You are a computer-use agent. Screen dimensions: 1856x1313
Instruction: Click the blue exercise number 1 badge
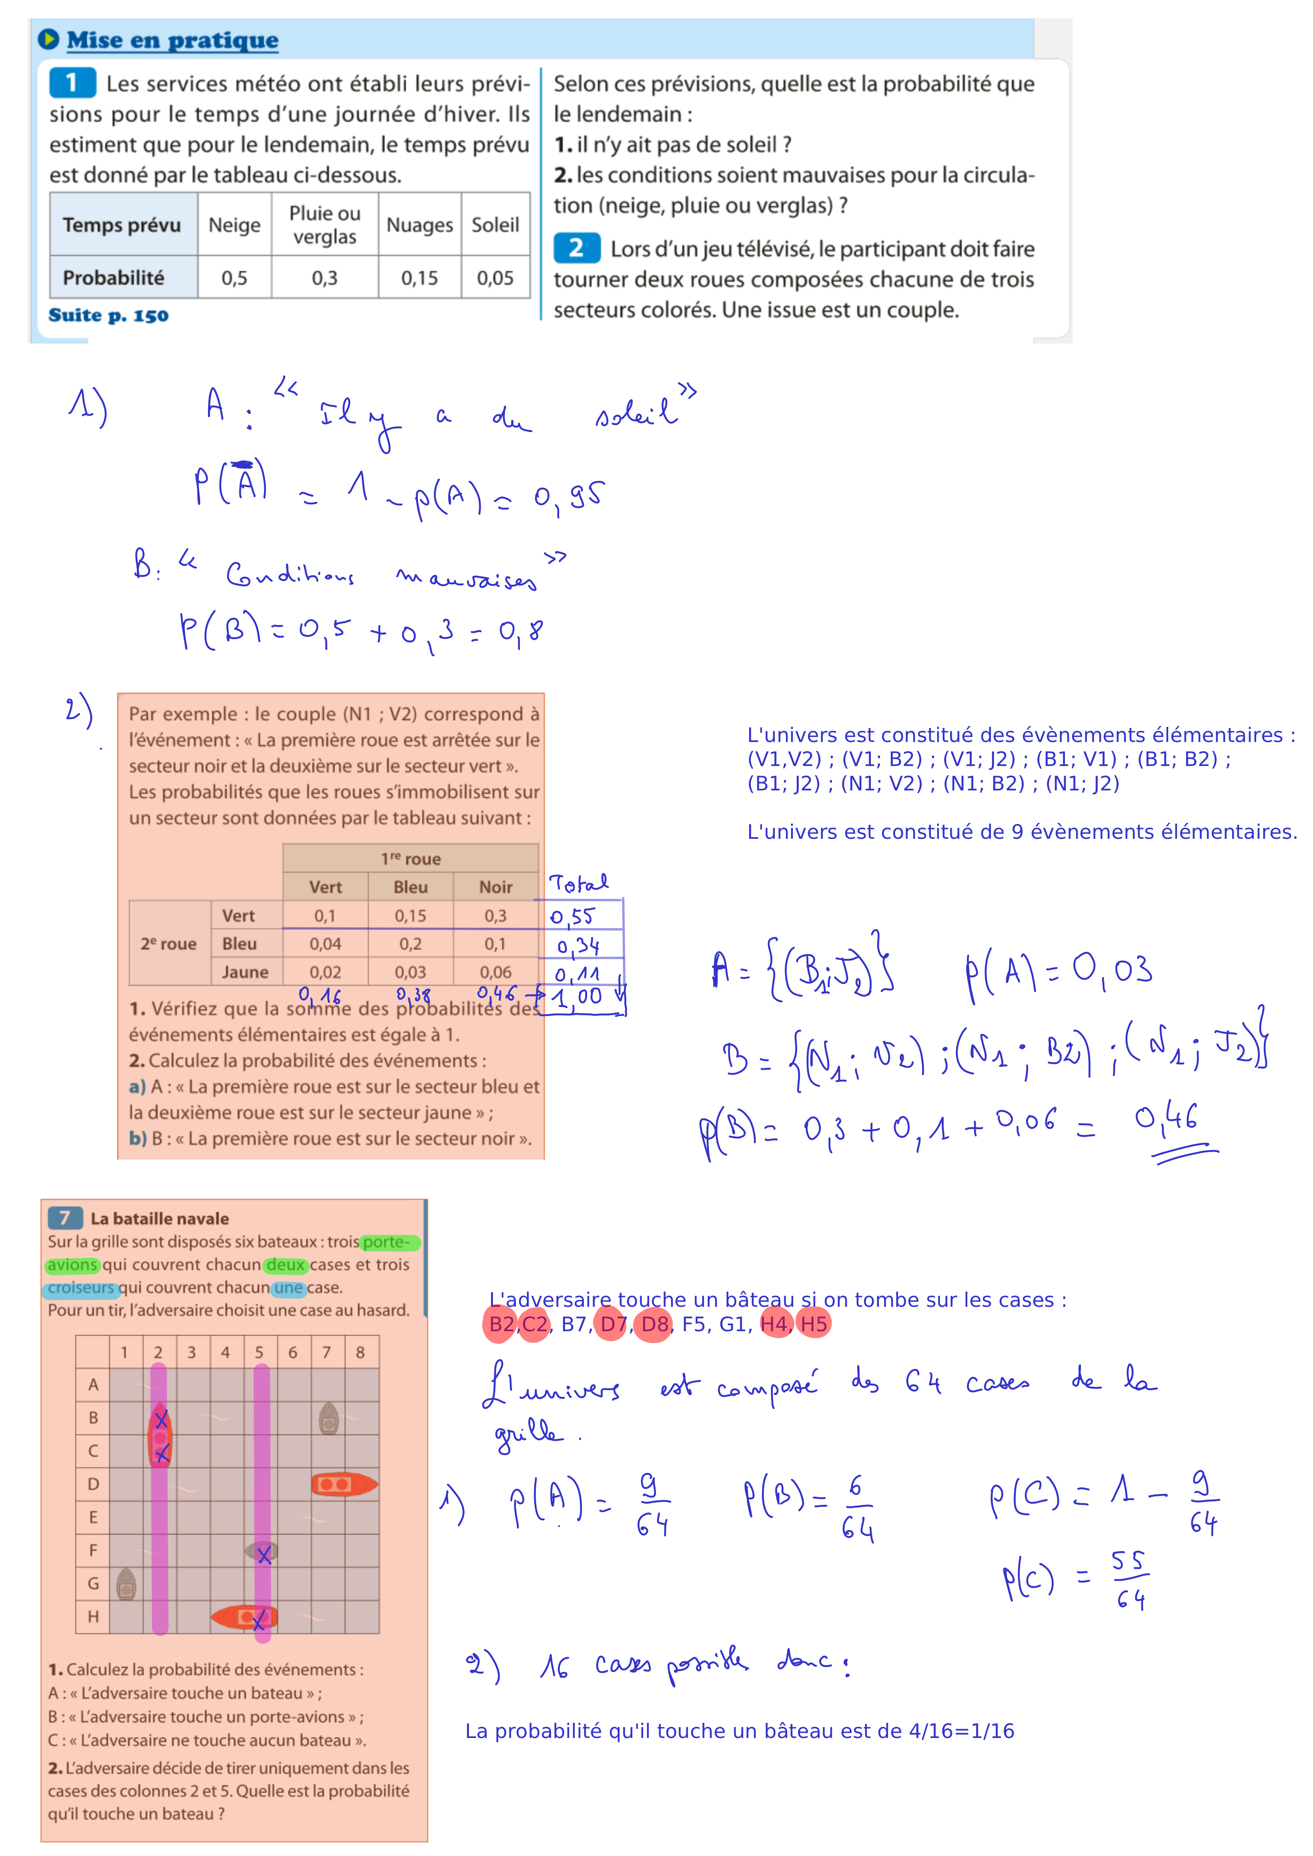pyautogui.click(x=72, y=82)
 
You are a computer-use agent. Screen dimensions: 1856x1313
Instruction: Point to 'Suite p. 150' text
pyautogui.click(x=108, y=315)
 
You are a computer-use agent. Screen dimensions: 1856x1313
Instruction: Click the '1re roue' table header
pyautogui.click(x=411, y=858)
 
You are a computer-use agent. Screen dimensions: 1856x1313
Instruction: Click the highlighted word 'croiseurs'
pyautogui.click(x=81, y=1288)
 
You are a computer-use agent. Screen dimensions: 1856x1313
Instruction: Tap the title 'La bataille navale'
pyautogui.click(x=159, y=1218)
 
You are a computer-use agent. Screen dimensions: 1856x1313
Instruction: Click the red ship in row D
pyautogui.click(x=344, y=1484)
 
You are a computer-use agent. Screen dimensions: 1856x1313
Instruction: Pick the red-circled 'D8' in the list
pyautogui.click(x=654, y=1324)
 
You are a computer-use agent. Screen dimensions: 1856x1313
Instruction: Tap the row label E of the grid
pyautogui.click(x=93, y=1517)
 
